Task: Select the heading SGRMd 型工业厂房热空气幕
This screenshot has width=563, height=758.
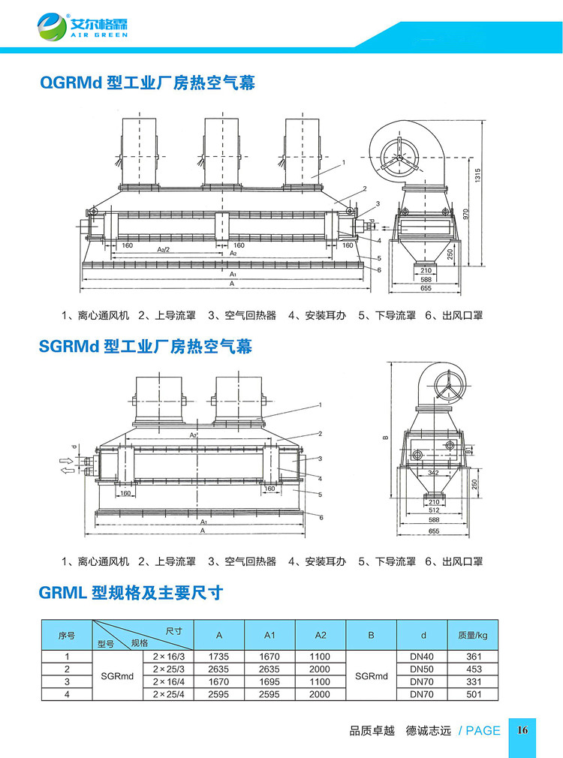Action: click(145, 346)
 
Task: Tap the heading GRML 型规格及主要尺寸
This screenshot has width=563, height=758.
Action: click(131, 593)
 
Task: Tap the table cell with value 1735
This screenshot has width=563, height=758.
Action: click(219, 656)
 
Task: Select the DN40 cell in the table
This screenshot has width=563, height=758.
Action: click(423, 656)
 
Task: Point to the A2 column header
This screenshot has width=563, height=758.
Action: click(321, 636)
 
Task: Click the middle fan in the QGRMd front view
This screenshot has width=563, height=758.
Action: click(223, 151)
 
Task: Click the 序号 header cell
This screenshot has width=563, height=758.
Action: click(67, 636)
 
